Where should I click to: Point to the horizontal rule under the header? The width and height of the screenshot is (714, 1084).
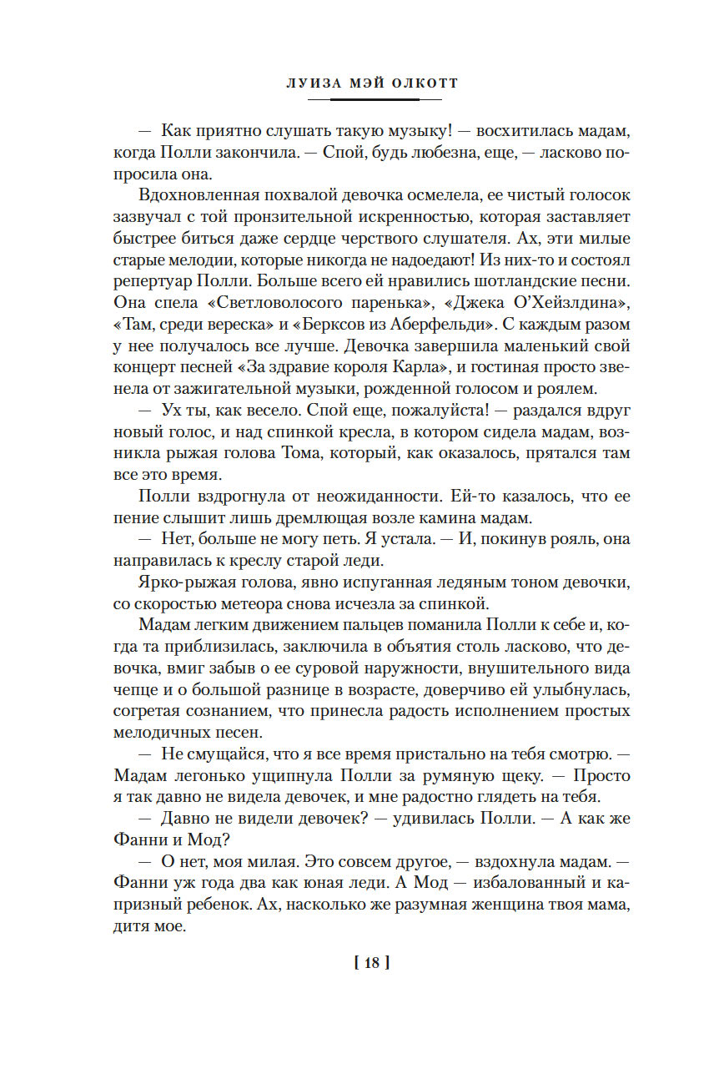pyautogui.click(x=375, y=100)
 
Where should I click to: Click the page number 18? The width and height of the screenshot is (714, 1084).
pyautogui.click(x=372, y=963)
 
